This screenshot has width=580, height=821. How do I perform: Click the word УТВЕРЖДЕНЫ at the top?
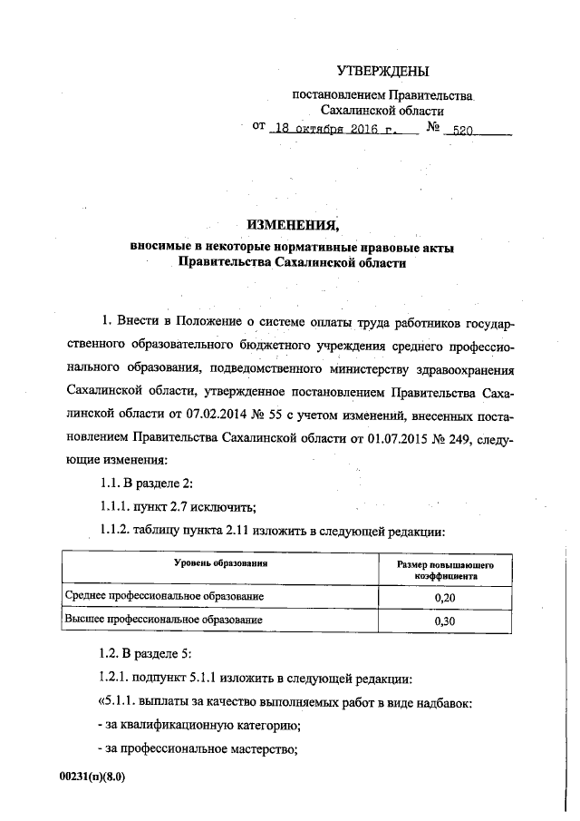point(382,71)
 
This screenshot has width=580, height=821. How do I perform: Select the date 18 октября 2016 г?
point(334,129)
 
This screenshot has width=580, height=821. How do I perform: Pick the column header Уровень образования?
point(221,563)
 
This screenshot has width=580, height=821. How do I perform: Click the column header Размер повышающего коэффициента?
point(444,569)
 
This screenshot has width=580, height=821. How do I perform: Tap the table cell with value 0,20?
point(444,598)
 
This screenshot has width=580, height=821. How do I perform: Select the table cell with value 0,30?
point(444,621)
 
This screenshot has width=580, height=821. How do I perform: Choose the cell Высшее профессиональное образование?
point(163,621)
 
